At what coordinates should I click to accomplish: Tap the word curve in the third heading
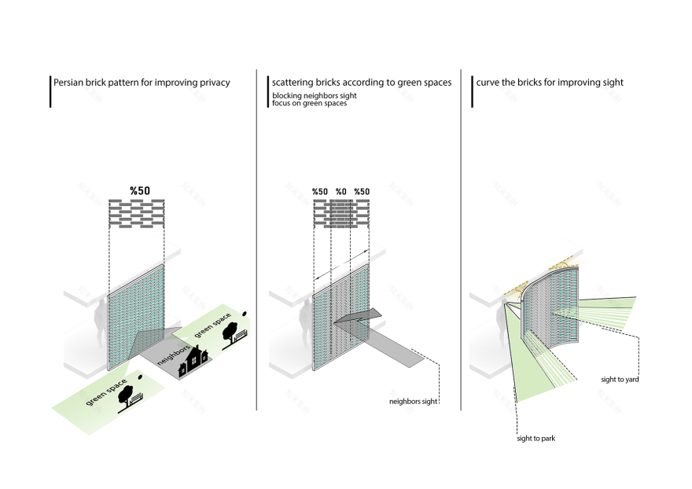(x=488, y=83)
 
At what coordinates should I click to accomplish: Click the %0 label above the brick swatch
(x=340, y=192)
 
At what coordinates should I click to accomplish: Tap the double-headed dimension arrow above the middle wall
(x=340, y=265)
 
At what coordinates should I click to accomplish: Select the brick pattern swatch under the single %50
(x=137, y=214)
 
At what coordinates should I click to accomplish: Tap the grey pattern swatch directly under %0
(x=340, y=214)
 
